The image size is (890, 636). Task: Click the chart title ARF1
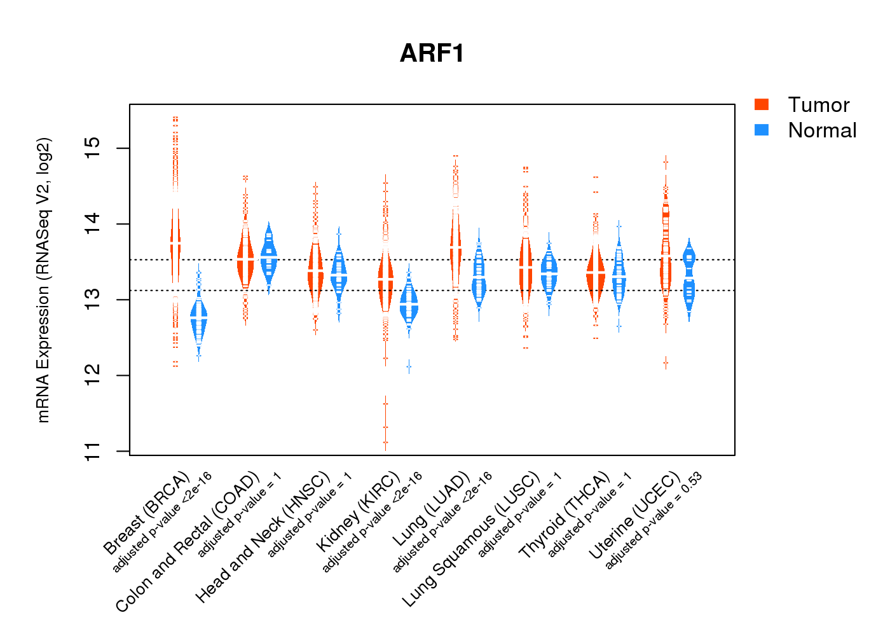point(432,53)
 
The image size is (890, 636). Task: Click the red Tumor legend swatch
point(762,104)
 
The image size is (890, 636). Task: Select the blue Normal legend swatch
point(762,130)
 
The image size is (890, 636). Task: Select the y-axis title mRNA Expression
point(43,280)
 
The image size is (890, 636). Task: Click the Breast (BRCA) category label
point(146,514)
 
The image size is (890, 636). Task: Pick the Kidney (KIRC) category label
point(358,513)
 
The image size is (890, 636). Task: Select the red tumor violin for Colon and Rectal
point(245,261)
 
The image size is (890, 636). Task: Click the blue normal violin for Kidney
point(409,305)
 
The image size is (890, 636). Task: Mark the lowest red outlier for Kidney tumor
point(385,443)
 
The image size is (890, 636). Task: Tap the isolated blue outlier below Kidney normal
point(409,367)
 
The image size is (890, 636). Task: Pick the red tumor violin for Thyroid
point(596,273)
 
